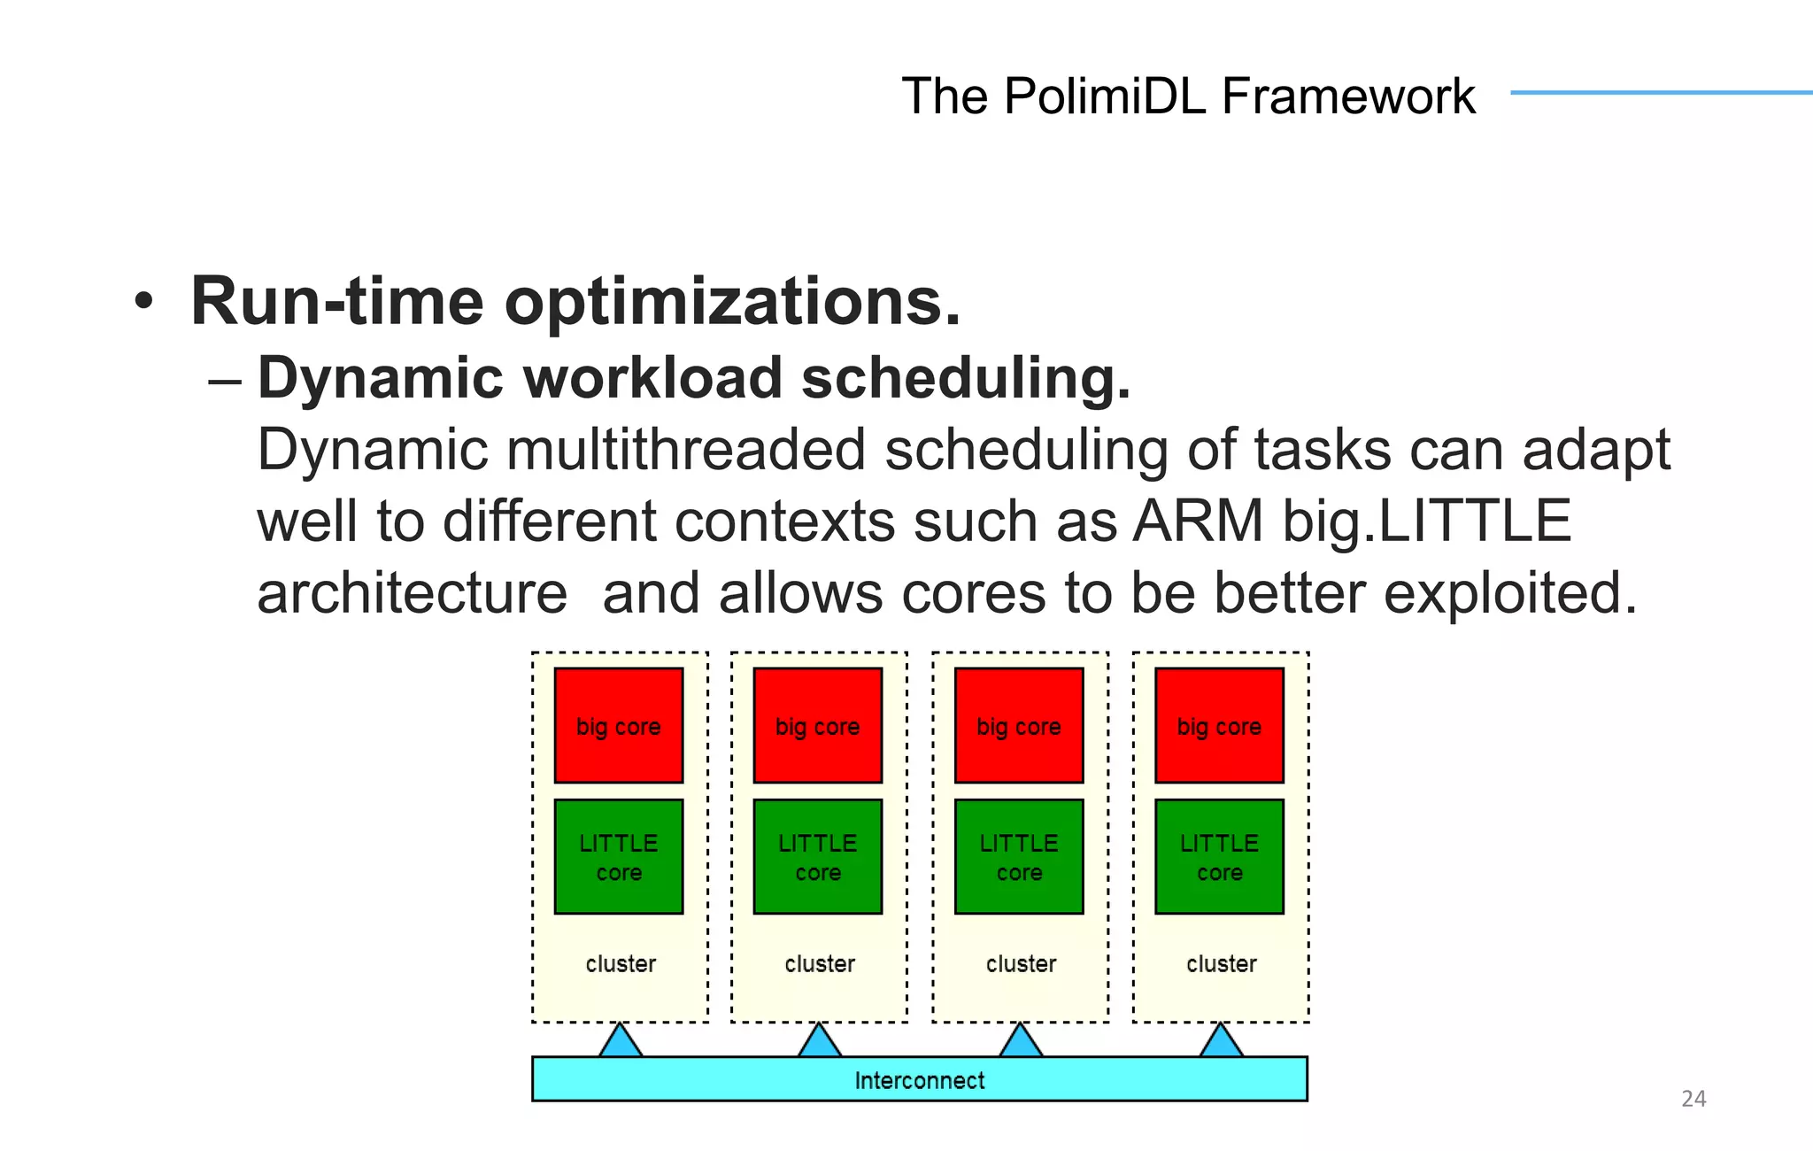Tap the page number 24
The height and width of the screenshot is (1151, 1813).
[x=1693, y=1099]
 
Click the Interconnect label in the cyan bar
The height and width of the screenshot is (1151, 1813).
[x=919, y=1080]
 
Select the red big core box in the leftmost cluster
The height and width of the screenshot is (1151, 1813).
[x=619, y=725]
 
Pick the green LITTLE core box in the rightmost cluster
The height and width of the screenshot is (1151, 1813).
[x=1219, y=856]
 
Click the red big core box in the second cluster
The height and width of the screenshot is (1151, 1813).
[x=818, y=725]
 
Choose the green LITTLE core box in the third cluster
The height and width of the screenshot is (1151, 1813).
[x=1019, y=856]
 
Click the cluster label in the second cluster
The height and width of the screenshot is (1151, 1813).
[x=820, y=963]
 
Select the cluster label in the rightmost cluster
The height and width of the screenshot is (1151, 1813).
[x=1221, y=963]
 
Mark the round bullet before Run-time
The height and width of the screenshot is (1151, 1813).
[x=143, y=303]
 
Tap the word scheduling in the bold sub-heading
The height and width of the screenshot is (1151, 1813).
[x=965, y=378]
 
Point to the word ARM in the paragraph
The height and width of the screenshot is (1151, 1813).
[x=1198, y=521]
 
